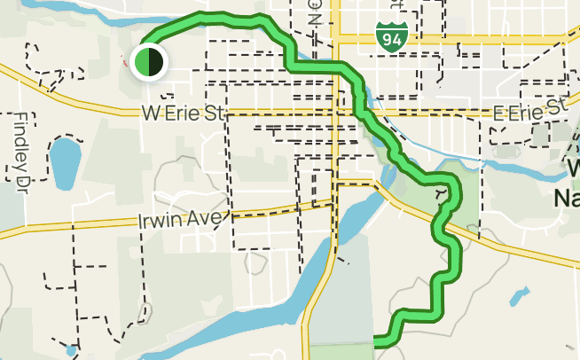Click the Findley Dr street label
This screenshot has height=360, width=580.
(x=20, y=150)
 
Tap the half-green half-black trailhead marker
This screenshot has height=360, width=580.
(x=146, y=62)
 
